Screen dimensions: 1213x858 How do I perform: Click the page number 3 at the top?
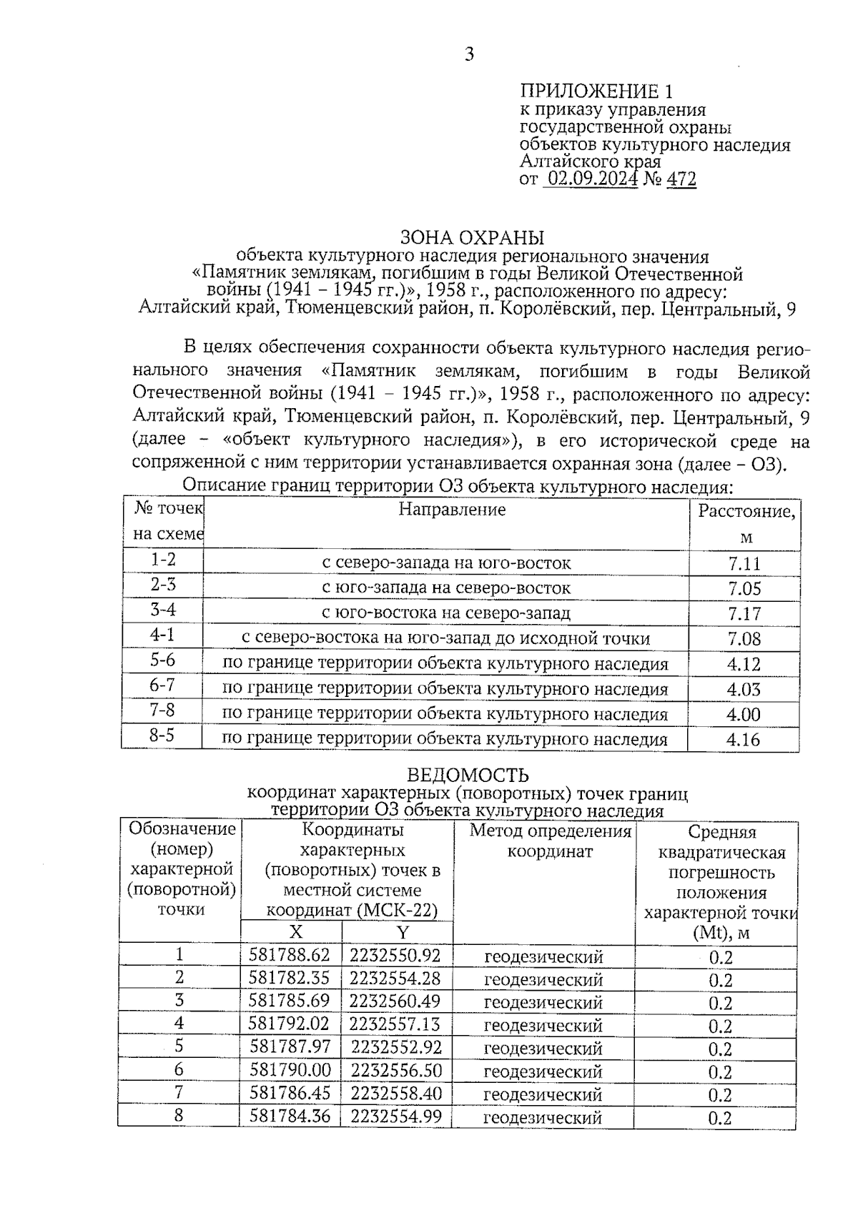click(469, 55)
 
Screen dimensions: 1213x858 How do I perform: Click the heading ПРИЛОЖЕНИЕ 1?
click(596, 91)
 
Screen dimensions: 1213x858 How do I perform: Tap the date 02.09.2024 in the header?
click(591, 179)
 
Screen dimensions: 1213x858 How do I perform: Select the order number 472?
click(681, 179)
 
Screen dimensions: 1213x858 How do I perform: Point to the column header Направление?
click(452, 510)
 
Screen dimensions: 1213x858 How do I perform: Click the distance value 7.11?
click(744, 564)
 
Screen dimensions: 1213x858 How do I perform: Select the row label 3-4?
click(163, 610)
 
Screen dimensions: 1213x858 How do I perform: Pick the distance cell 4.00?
click(744, 714)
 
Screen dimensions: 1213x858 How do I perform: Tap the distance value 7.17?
click(744, 614)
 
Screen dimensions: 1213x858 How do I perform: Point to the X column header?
click(295, 932)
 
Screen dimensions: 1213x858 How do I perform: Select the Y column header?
click(403, 932)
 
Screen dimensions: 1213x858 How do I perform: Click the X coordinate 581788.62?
click(290, 956)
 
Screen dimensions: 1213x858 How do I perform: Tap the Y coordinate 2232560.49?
click(395, 1001)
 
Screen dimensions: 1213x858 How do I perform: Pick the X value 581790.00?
click(290, 1070)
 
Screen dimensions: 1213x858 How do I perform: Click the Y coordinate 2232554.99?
click(395, 1116)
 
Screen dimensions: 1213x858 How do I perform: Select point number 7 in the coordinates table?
click(179, 1093)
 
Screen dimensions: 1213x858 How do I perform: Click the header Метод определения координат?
click(551, 841)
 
